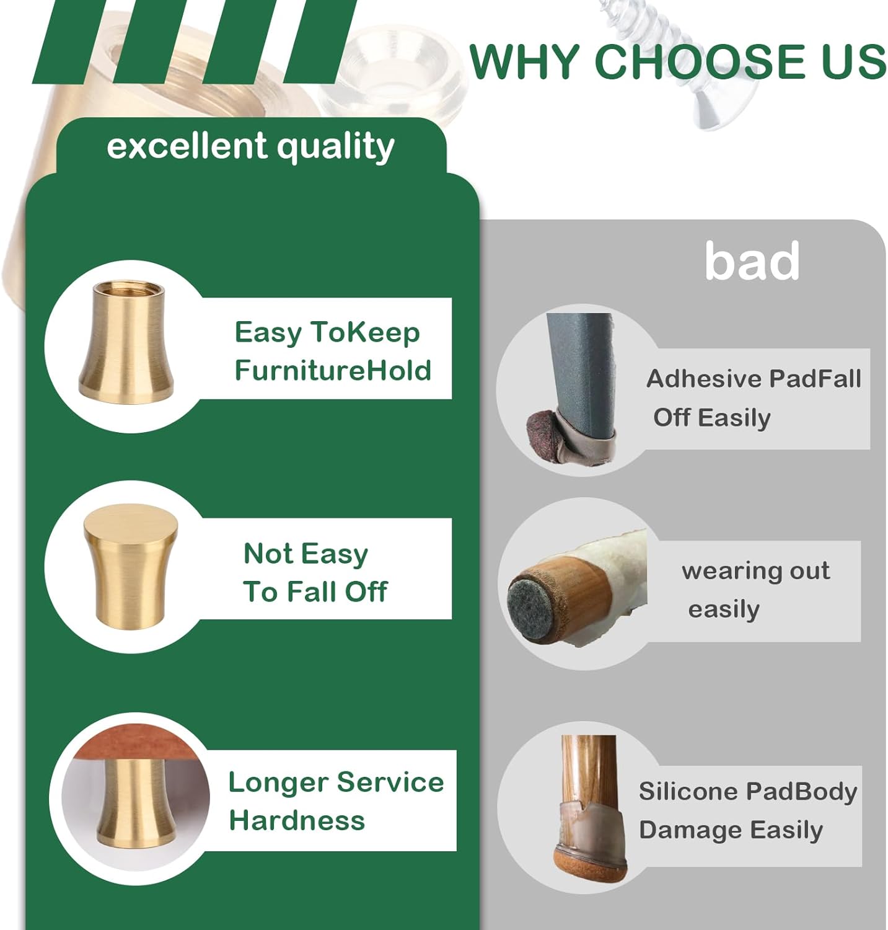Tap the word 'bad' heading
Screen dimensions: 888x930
click(x=752, y=261)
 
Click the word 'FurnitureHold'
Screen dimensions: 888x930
click(x=333, y=370)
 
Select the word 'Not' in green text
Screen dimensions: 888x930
click(x=268, y=553)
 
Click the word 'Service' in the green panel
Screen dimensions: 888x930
click(x=390, y=782)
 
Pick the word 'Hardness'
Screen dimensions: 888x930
click(x=297, y=821)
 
